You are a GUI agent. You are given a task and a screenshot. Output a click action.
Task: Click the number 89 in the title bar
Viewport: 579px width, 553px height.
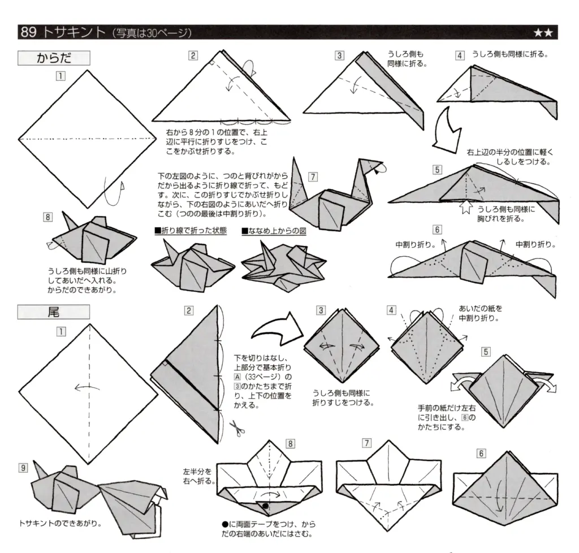pyautogui.click(x=29, y=32)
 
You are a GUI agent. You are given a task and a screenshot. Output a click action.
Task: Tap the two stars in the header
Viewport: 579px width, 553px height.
pyautogui.click(x=546, y=33)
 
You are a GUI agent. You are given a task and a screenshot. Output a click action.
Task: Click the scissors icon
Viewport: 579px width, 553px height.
pyautogui.click(x=237, y=428)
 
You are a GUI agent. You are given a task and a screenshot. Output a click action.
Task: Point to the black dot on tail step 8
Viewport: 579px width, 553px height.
pyautogui.click(x=265, y=506)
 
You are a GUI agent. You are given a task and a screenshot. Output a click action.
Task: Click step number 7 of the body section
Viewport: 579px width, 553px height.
pyautogui.click(x=313, y=177)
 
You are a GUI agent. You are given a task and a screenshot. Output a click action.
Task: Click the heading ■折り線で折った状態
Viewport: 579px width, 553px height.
pyautogui.click(x=190, y=231)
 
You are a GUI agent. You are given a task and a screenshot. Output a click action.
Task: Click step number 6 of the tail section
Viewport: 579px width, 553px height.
pyautogui.click(x=481, y=453)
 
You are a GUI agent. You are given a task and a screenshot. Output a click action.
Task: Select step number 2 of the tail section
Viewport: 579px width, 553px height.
pyautogui.click(x=189, y=310)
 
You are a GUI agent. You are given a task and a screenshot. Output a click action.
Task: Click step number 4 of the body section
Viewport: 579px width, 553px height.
pyautogui.click(x=460, y=55)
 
